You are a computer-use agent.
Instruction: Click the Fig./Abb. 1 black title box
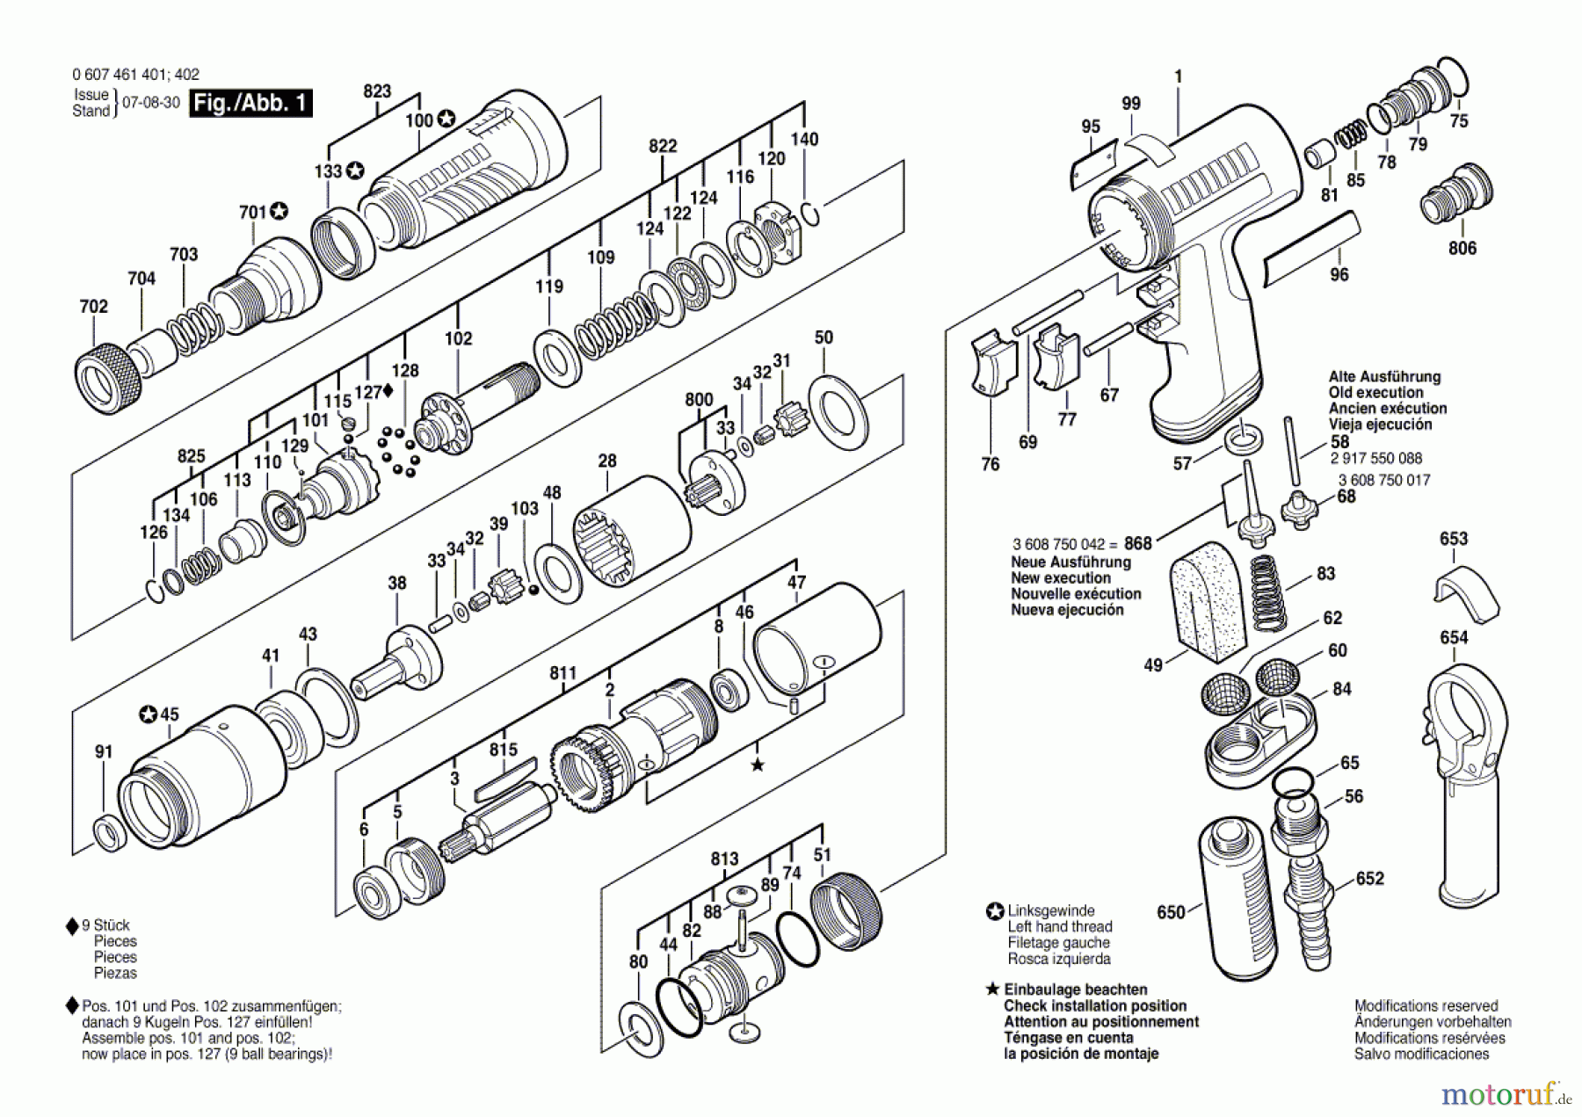[x=251, y=103]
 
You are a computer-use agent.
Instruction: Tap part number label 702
[x=93, y=307]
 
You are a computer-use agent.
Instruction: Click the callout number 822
[x=663, y=146]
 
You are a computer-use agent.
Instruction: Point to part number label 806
[x=1462, y=249]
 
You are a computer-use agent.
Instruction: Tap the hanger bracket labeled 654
[x=1465, y=774]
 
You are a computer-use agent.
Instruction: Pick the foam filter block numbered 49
[x=1208, y=601]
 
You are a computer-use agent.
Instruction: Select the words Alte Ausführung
[x=1384, y=377]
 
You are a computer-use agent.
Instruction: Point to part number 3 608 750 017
[x=1384, y=480]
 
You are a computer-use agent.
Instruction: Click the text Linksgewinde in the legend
[x=1051, y=911]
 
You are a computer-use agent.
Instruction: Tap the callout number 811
[x=563, y=674]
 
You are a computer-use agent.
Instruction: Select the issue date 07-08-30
[x=150, y=103]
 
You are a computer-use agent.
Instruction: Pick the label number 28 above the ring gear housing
[x=607, y=461]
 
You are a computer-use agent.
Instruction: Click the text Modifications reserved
[x=1426, y=1006]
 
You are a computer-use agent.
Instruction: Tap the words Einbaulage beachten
[x=1076, y=990]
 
